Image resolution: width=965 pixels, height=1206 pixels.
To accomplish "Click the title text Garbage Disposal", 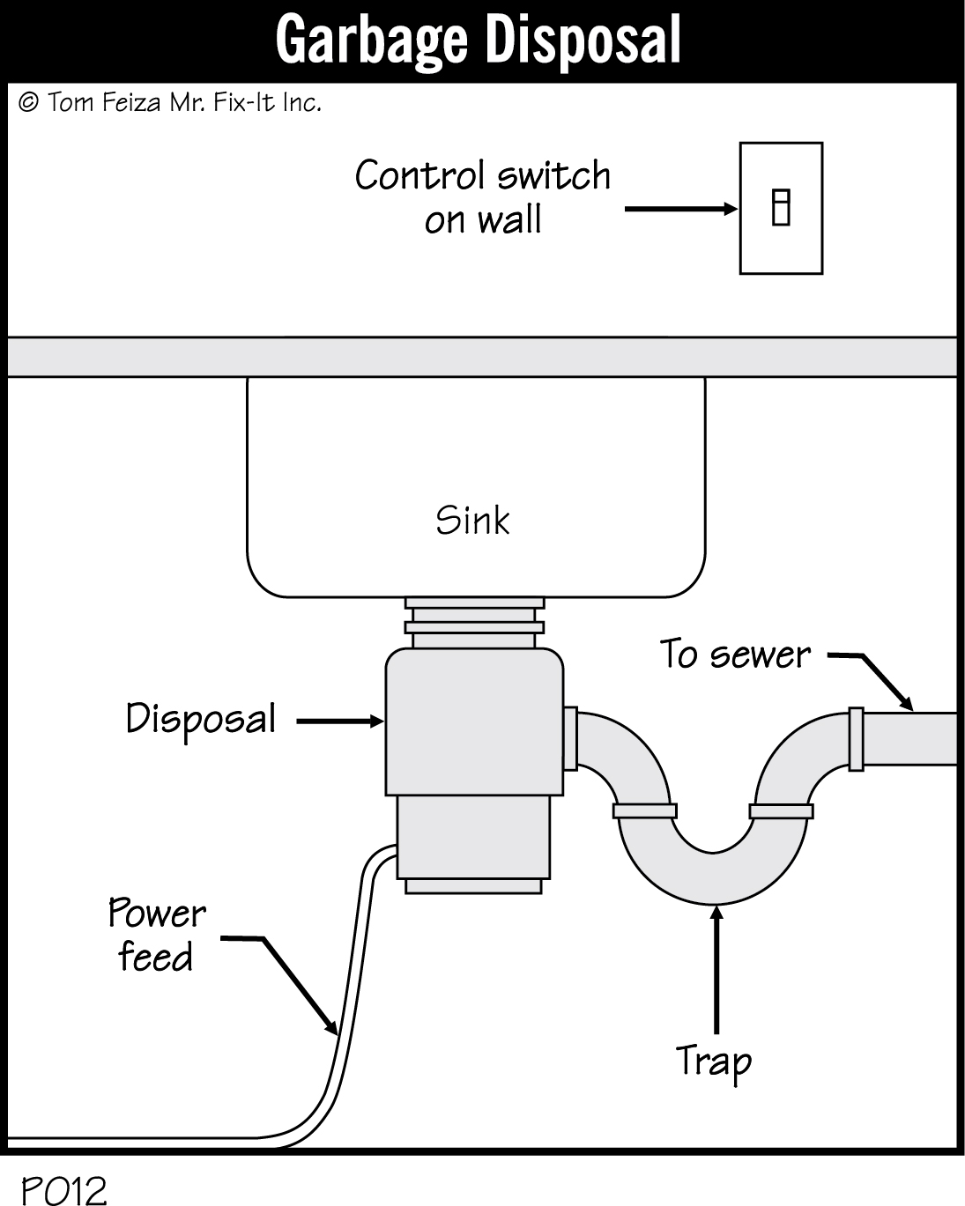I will tap(479, 40).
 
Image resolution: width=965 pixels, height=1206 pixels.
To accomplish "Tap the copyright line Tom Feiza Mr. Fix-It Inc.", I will tap(170, 103).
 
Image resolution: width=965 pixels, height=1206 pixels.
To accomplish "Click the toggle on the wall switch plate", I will tap(780, 208).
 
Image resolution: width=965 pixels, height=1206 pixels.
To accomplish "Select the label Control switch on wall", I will tap(482, 196).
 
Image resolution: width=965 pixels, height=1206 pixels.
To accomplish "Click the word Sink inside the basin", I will tap(473, 520).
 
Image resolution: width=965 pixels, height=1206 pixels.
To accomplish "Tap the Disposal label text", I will tap(201, 719).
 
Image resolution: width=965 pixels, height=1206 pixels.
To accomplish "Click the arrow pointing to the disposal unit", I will tap(339, 721).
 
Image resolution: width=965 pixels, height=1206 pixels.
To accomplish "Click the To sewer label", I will tap(735, 655).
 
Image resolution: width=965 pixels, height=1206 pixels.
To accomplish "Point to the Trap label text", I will tap(713, 1062).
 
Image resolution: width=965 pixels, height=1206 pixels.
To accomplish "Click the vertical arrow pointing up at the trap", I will tap(716, 969).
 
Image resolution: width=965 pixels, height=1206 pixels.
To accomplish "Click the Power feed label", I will tap(156, 936).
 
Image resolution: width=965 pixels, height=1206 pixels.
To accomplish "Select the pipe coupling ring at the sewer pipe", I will tap(854, 739).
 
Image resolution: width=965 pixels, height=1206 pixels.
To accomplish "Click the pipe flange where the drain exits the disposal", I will tap(570, 738).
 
